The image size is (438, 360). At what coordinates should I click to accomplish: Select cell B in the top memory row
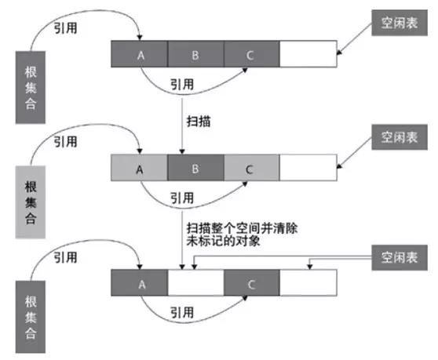pos(195,55)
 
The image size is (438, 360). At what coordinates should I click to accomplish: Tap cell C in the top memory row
pos(251,55)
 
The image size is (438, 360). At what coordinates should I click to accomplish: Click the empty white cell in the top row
pos(308,55)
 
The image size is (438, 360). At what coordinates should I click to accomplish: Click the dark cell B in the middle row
pos(195,168)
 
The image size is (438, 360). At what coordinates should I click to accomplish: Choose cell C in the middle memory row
pos(251,168)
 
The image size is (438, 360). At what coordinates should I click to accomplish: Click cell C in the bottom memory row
pos(251,282)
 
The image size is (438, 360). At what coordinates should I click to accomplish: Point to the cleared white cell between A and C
pos(195,282)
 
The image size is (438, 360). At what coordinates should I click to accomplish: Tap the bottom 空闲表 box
pos(400,257)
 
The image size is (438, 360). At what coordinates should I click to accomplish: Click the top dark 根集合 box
pos(31,86)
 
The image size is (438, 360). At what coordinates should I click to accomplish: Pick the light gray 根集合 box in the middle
pos(31,199)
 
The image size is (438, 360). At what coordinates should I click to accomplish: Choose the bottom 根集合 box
pos(31,313)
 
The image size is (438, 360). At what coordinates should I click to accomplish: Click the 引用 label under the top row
pos(183,84)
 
